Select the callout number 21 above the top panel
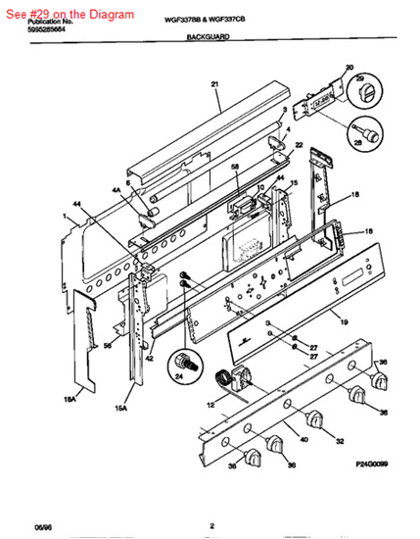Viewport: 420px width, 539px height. coord(214,85)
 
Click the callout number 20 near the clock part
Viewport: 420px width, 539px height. coord(349,68)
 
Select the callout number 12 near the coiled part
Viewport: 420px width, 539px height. coord(210,405)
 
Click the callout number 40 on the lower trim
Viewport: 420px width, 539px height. coord(303,440)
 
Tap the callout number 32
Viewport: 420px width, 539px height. coord(339,442)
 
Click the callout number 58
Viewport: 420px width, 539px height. coord(234,169)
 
